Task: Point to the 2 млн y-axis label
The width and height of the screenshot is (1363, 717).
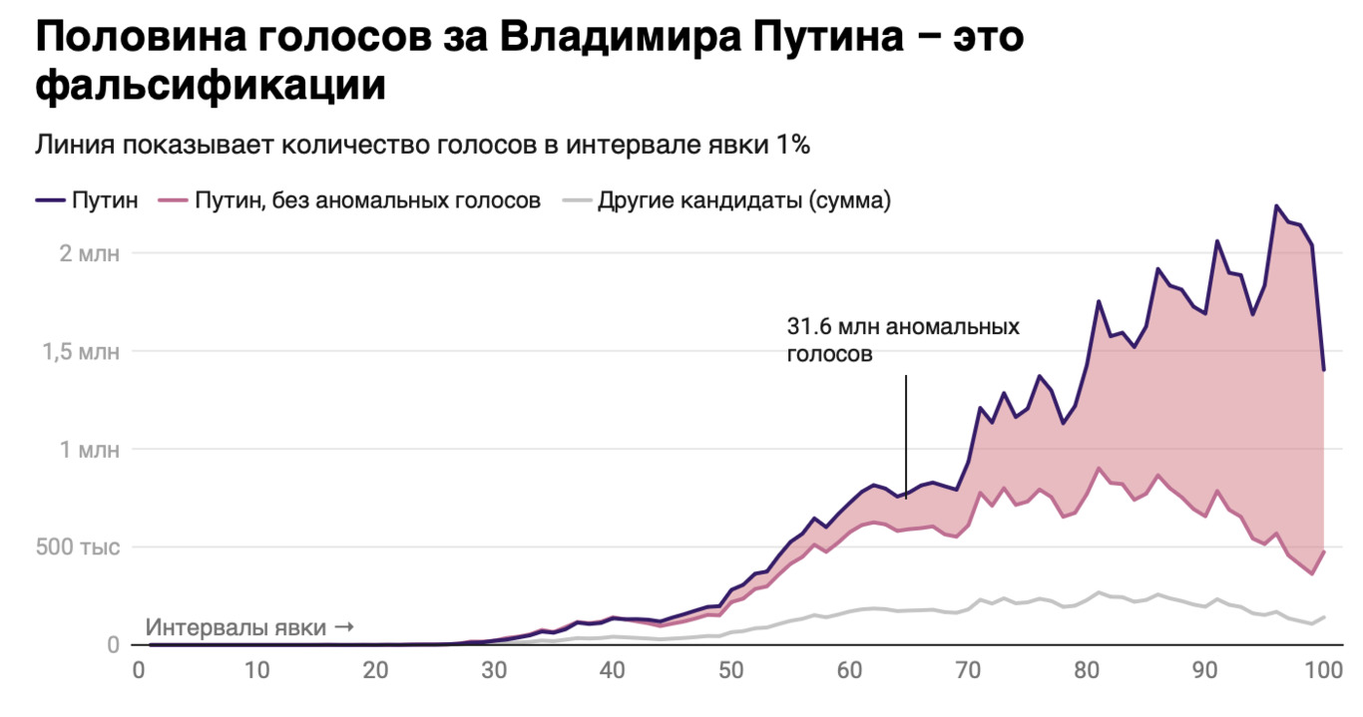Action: (89, 253)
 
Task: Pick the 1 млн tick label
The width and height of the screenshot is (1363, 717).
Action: (89, 449)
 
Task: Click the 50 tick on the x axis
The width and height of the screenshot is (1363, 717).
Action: (730, 671)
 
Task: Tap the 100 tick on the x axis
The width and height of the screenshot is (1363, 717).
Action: (1323, 671)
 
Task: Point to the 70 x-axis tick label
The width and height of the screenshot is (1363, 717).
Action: (967, 671)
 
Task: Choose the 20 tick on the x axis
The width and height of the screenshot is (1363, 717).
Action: (375, 671)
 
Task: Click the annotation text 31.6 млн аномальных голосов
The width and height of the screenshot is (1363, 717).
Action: (903, 340)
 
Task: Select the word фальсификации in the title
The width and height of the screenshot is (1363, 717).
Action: (211, 87)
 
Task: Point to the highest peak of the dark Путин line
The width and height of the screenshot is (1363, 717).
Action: (1276, 206)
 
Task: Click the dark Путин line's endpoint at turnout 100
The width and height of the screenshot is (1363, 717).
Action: (1324, 370)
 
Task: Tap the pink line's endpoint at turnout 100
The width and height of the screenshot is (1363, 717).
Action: (1324, 551)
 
